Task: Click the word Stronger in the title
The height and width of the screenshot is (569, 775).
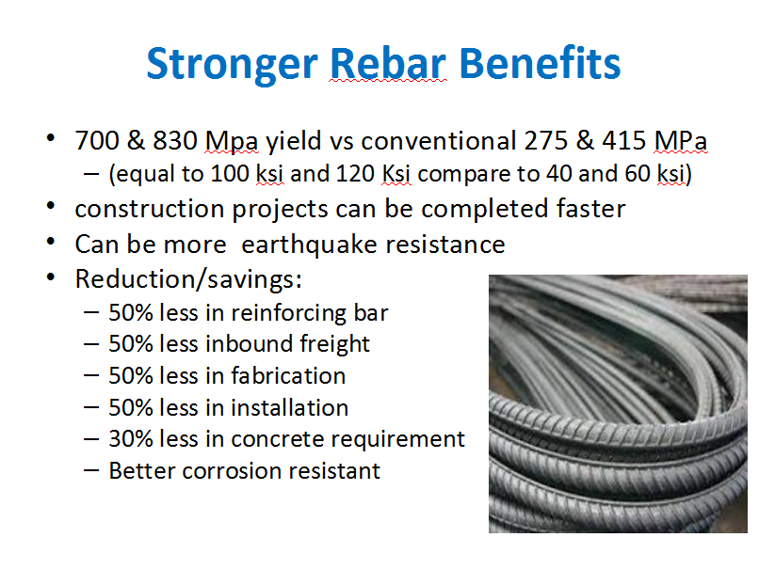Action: click(x=232, y=64)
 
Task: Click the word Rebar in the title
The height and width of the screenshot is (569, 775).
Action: click(x=388, y=63)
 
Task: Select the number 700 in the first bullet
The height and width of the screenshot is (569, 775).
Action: click(x=97, y=141)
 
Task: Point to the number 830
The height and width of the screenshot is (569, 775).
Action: click(x=175, y=141)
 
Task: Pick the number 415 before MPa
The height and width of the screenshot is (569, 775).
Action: click(x=623, y=141)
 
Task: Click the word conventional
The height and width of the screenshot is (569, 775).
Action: click(x=439, y=141)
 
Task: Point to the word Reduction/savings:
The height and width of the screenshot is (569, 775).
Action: click(x=188, y=280)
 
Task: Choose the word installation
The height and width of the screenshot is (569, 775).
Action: click(x=290, y=407)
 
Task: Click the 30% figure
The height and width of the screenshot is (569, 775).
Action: click(x=131, y=439)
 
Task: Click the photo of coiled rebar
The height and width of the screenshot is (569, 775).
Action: click(x=618, y=403)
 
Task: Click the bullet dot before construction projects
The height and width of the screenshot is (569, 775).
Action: click(x=51, y=206)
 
